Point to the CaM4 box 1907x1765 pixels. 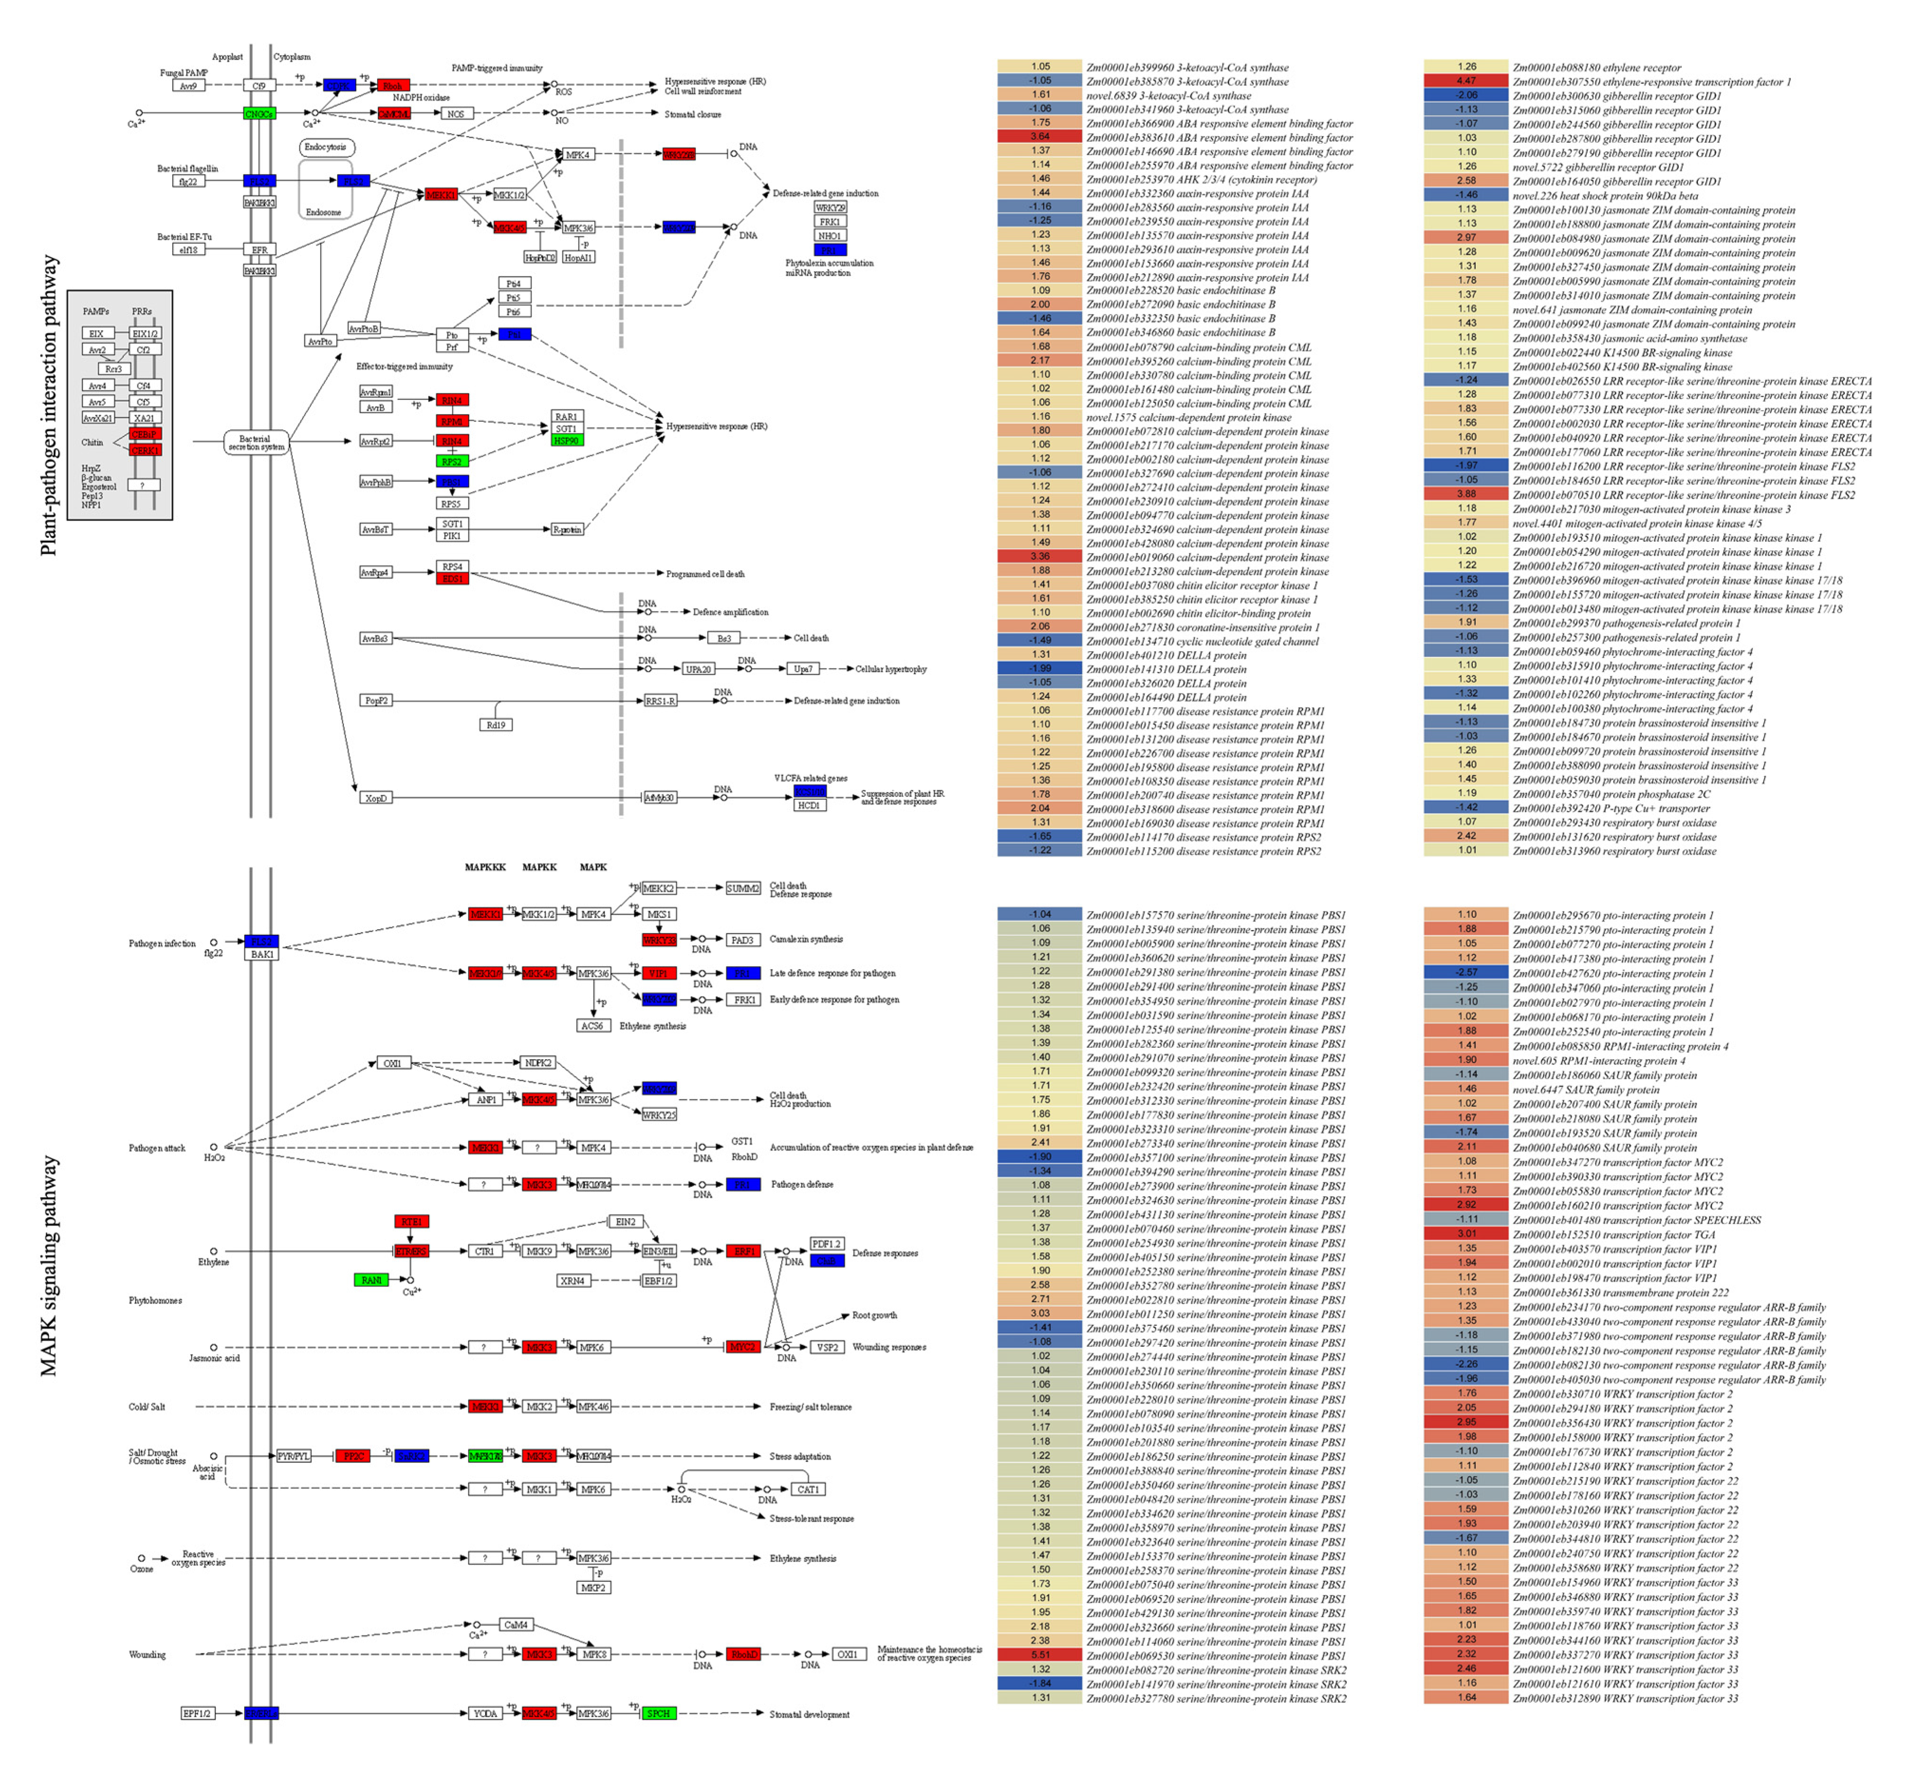516,1625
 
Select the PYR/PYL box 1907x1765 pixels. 293,1457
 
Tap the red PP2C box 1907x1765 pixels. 352,1457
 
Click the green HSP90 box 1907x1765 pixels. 566,440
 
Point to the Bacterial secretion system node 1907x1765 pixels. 256,442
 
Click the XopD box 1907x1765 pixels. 376,797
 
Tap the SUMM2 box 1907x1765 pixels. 743,888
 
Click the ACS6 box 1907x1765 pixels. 592,1026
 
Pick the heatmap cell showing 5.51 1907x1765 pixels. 1039,1654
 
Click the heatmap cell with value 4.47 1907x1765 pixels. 1466,81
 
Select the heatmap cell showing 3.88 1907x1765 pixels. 1466,494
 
